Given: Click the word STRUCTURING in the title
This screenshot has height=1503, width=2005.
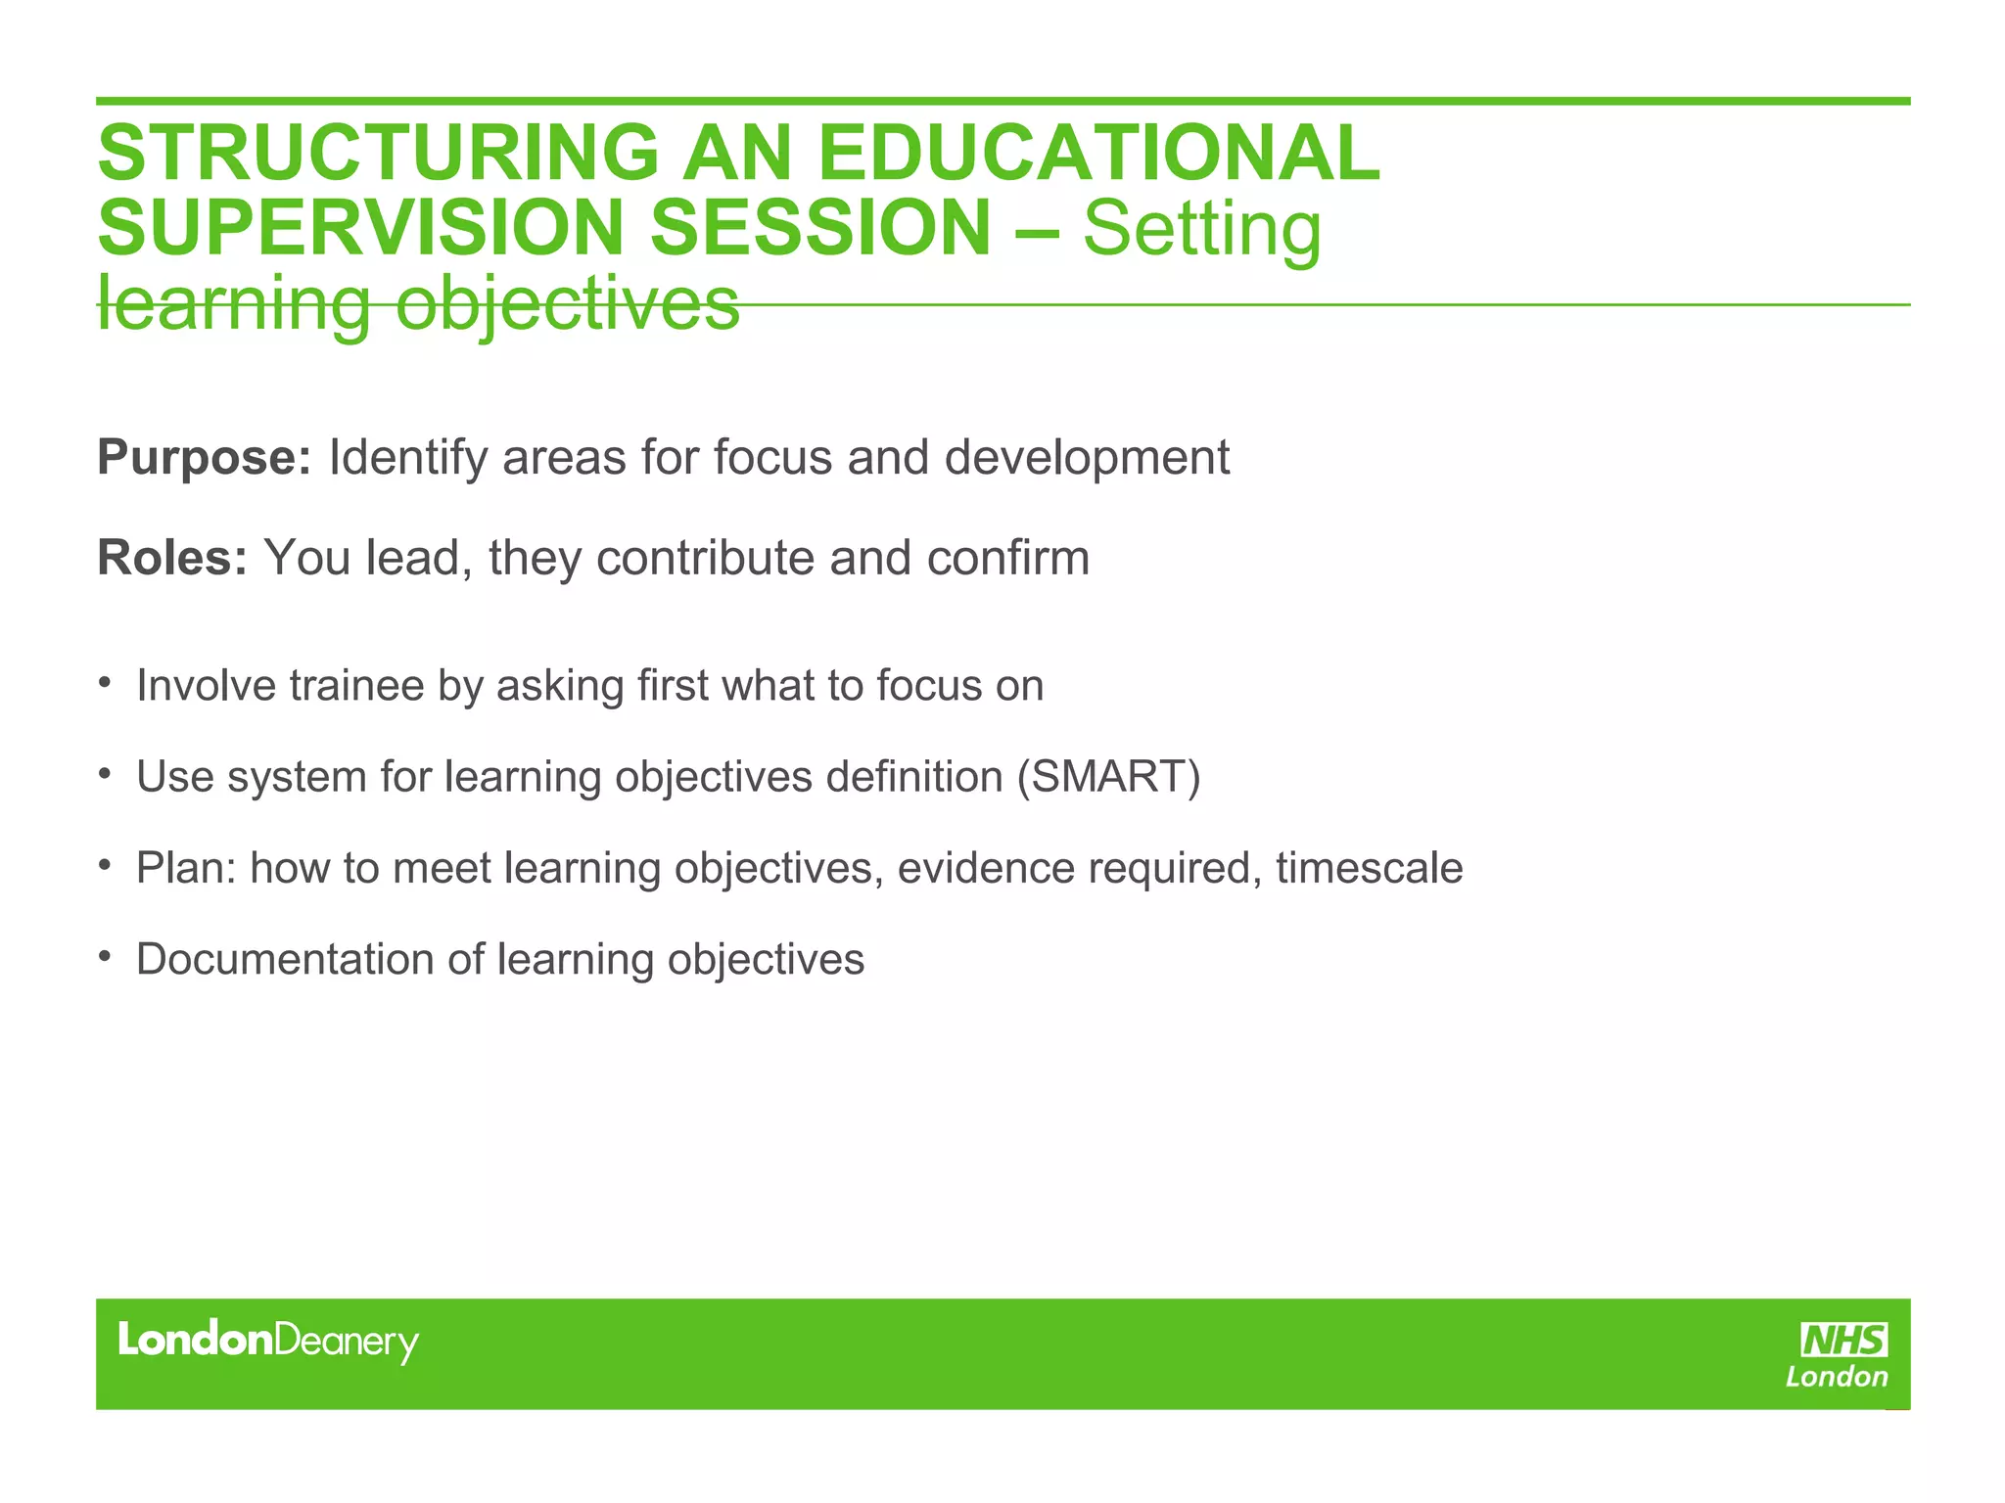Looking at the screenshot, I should [378, 153].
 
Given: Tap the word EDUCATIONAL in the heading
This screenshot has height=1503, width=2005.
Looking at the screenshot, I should [1097, 153].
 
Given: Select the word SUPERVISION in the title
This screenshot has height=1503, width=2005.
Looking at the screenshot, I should [360, 228].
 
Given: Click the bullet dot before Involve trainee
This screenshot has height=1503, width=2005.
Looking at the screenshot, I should [104, 681].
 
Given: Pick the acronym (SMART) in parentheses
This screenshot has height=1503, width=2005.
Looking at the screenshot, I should [1108, 777].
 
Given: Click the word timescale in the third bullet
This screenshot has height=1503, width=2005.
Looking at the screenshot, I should [1369, 868].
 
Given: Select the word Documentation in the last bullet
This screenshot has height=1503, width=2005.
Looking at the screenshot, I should [285, 959].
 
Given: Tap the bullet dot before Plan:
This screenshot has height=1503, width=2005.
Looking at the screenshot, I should [104, 864].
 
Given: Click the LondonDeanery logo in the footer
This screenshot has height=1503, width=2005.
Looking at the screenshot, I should [267, 1341].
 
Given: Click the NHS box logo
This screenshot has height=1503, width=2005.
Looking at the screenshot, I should [1843, 1340].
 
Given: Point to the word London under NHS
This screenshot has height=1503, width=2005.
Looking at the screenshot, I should [1837, 1378].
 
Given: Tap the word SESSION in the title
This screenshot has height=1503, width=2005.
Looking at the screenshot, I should [820, 228].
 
